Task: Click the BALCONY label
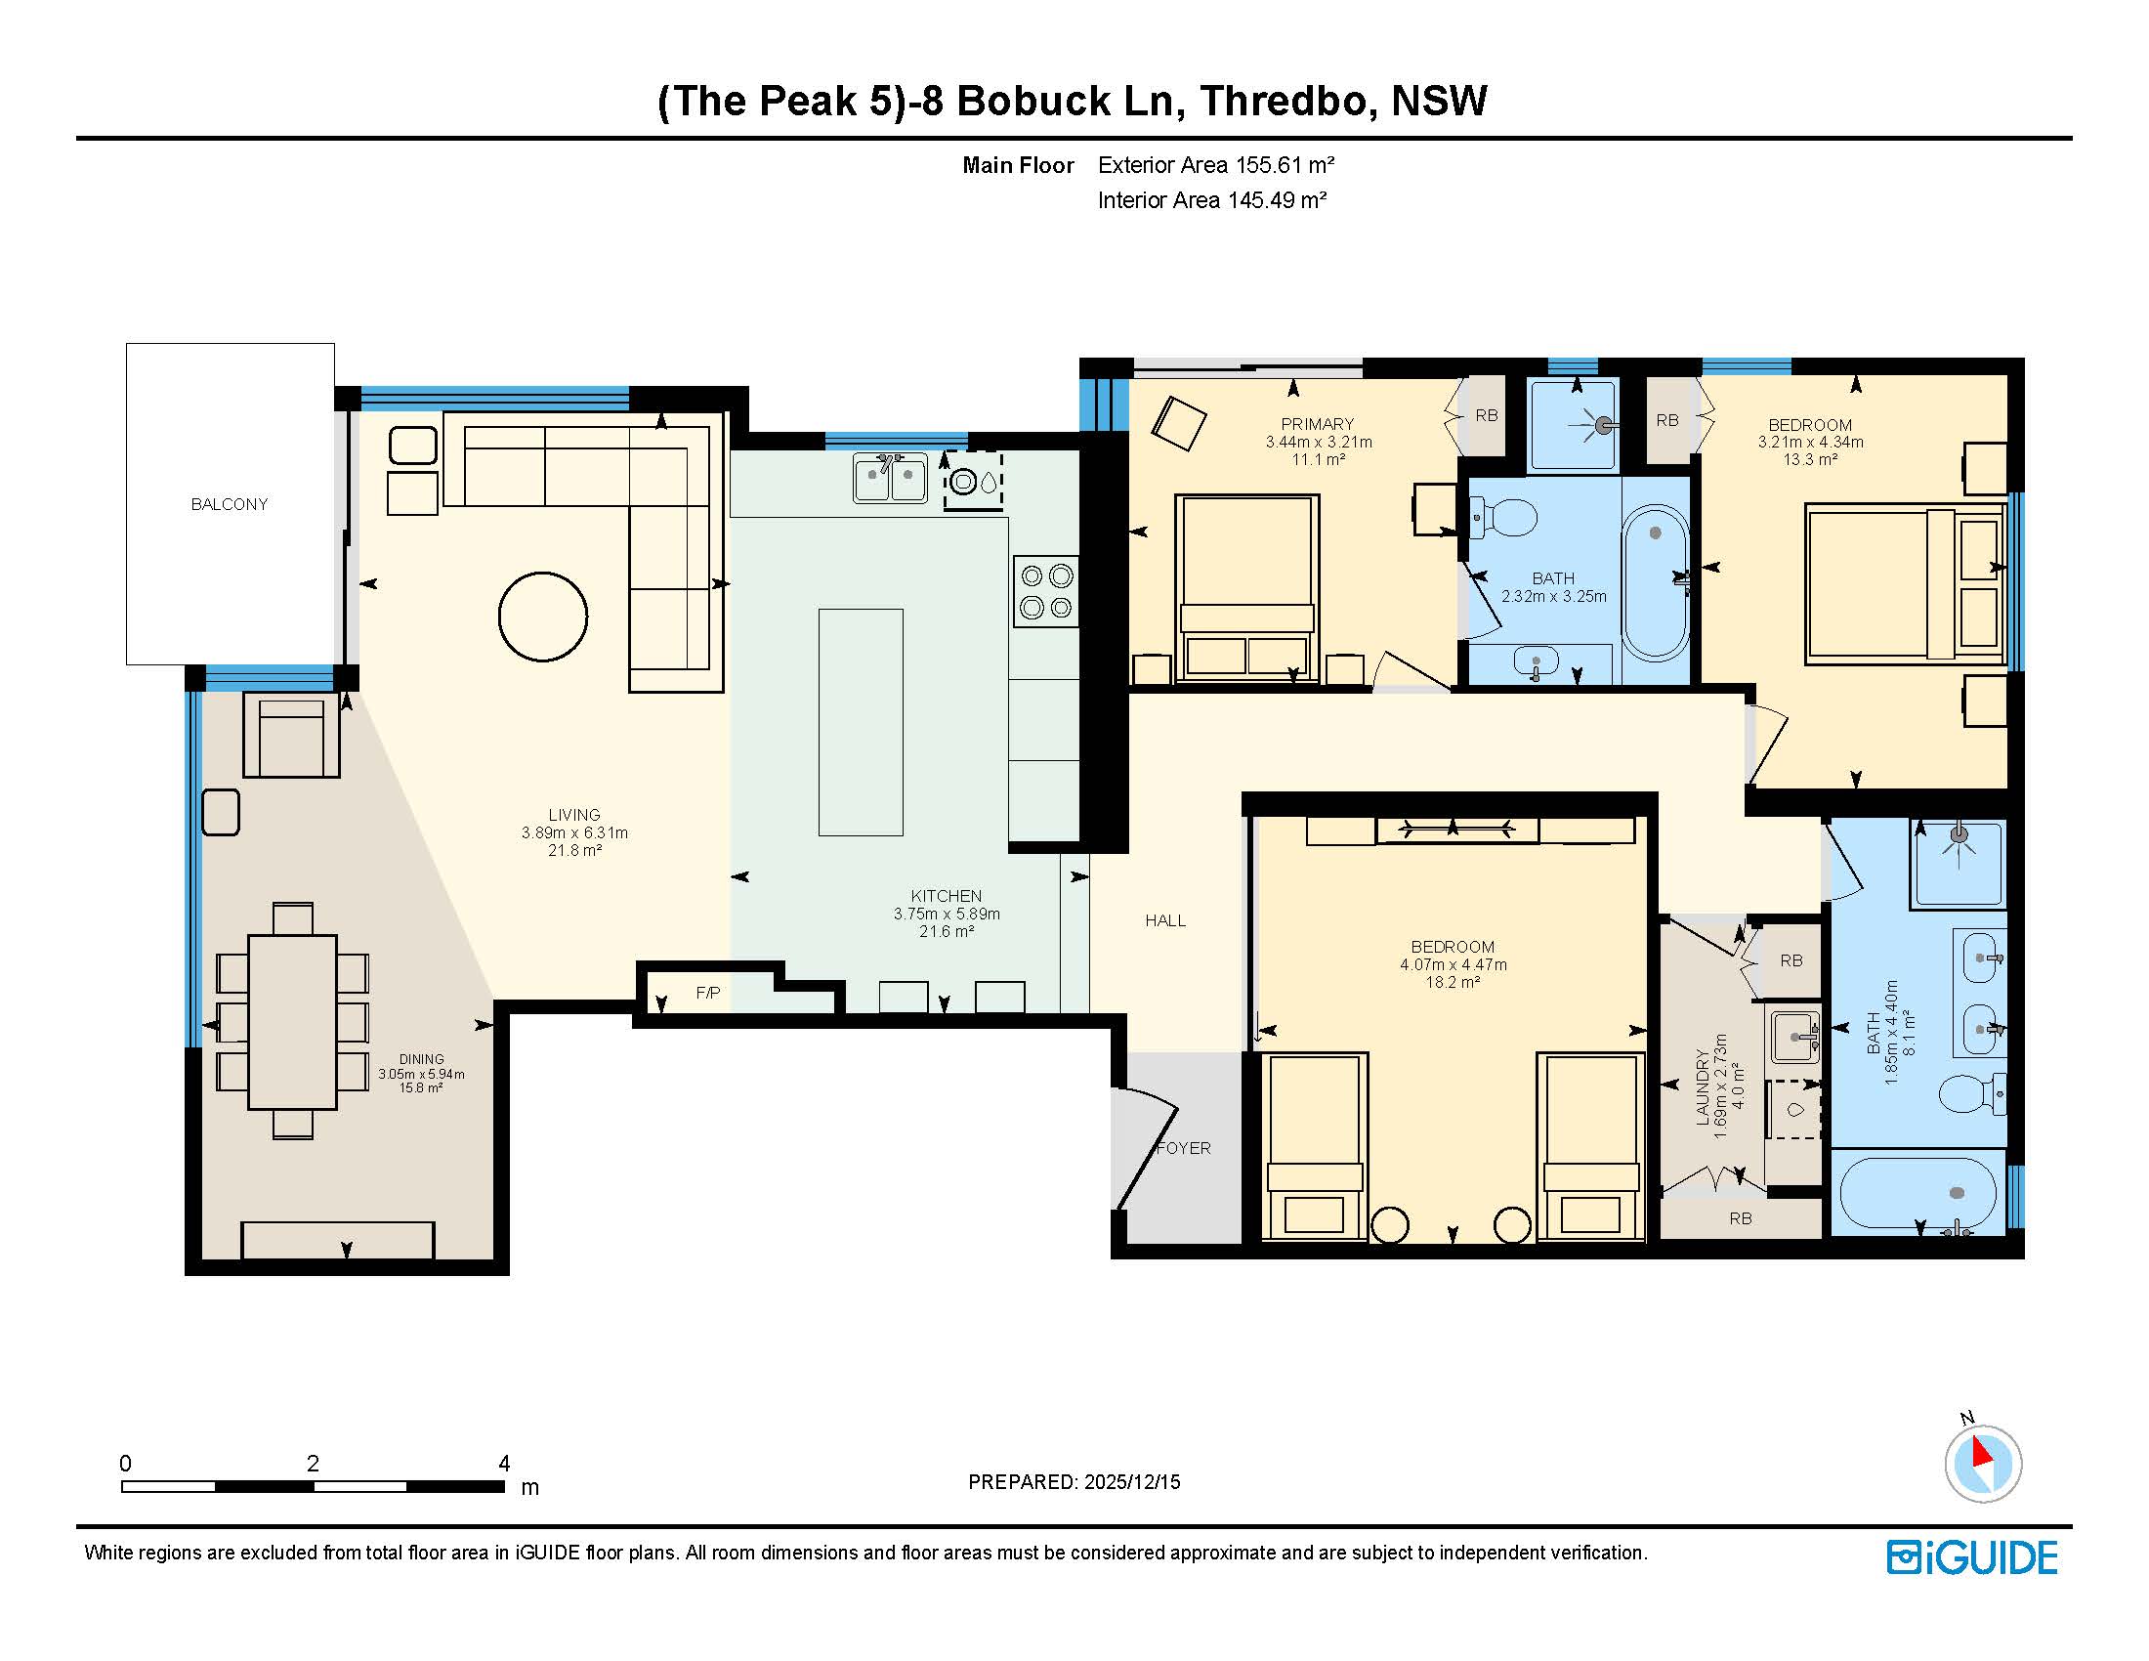tap(230, 504)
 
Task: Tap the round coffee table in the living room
tap(543, 617)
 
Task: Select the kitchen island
tap(861, 722)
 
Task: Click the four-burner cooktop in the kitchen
tap(1046, 592)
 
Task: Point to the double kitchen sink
tap(890, 478)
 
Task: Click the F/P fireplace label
tap(708, 993)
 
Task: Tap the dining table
tap(292, 1021)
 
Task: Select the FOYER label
tap(1184, 1147)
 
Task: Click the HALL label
tap(1165, 920)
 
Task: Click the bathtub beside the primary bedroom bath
tap(1655, 582)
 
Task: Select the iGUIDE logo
tap(1972, 1557)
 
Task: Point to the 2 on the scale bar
tap(313, 1464)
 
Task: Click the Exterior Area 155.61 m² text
tap(1216, 165)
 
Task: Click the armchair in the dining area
tap(292, 734)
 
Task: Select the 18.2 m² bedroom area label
tap(1454, 982)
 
